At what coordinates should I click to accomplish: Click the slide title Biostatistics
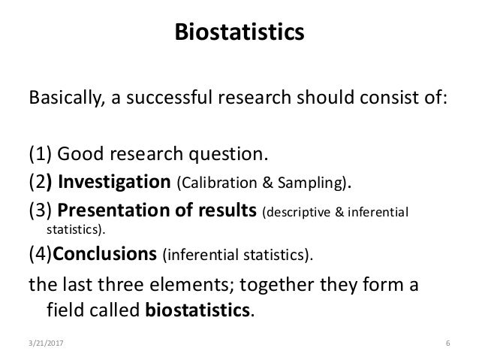tap(239, 33)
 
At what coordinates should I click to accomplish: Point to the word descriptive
tap(296, 213)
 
